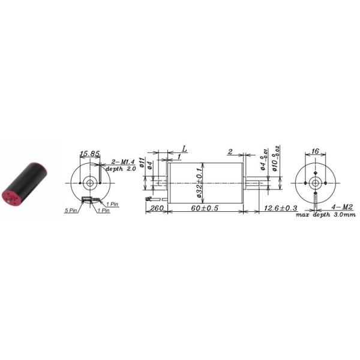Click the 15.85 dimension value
click(x=89, y=154)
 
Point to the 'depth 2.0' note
click(x=124, y=169)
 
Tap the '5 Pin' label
click(x=71, y=211)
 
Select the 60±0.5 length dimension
click(x=204, y=209)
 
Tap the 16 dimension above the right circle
click(x=316, y=152)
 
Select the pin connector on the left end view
click(x=90, y=199)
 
